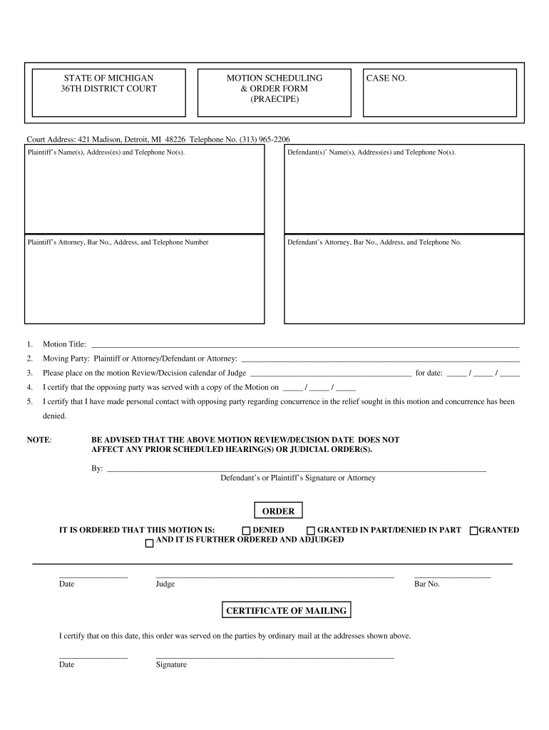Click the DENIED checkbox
(246, 530)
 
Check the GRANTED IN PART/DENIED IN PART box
(311, 530)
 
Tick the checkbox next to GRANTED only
(473, 530)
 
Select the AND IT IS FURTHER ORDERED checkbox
(149, 543)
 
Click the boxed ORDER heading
(278, 511)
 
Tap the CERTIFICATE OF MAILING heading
(286, 610)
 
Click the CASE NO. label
(386, 78)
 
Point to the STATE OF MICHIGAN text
(108, 78)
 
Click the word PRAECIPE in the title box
(274, 100)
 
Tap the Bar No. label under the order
(426, 584)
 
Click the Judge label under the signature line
(165, 584)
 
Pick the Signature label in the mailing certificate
(171, 664)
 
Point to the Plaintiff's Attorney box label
(118, 242)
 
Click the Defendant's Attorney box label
(374, 242)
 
